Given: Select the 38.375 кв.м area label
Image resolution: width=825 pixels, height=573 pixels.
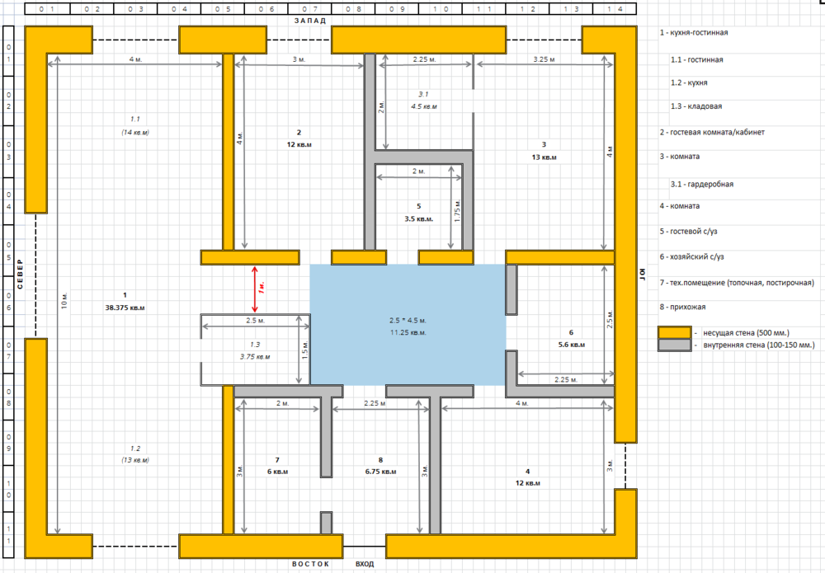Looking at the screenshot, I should pyautogui.click(x=125, y=308).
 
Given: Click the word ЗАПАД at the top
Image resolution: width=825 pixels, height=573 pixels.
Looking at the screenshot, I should pyautogui.click(x=310, y=20).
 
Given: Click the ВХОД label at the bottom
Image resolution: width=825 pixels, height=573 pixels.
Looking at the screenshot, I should pyautogui.click(x=364, y=564).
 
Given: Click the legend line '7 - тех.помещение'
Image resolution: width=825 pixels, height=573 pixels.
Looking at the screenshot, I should pyautogui.click(x=737, y=283).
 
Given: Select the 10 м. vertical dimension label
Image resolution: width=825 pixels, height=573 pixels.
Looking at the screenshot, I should pyautogui.click(x=64, y=300).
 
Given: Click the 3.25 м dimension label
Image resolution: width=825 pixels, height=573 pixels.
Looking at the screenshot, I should pyautogui.click(x=544, y=59).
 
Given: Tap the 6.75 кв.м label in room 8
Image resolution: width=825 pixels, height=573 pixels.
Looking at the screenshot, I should pyautogui.click(x=379, y=472).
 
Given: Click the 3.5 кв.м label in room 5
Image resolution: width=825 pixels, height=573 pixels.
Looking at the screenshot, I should pyautogui.click(x=418, y=219).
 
